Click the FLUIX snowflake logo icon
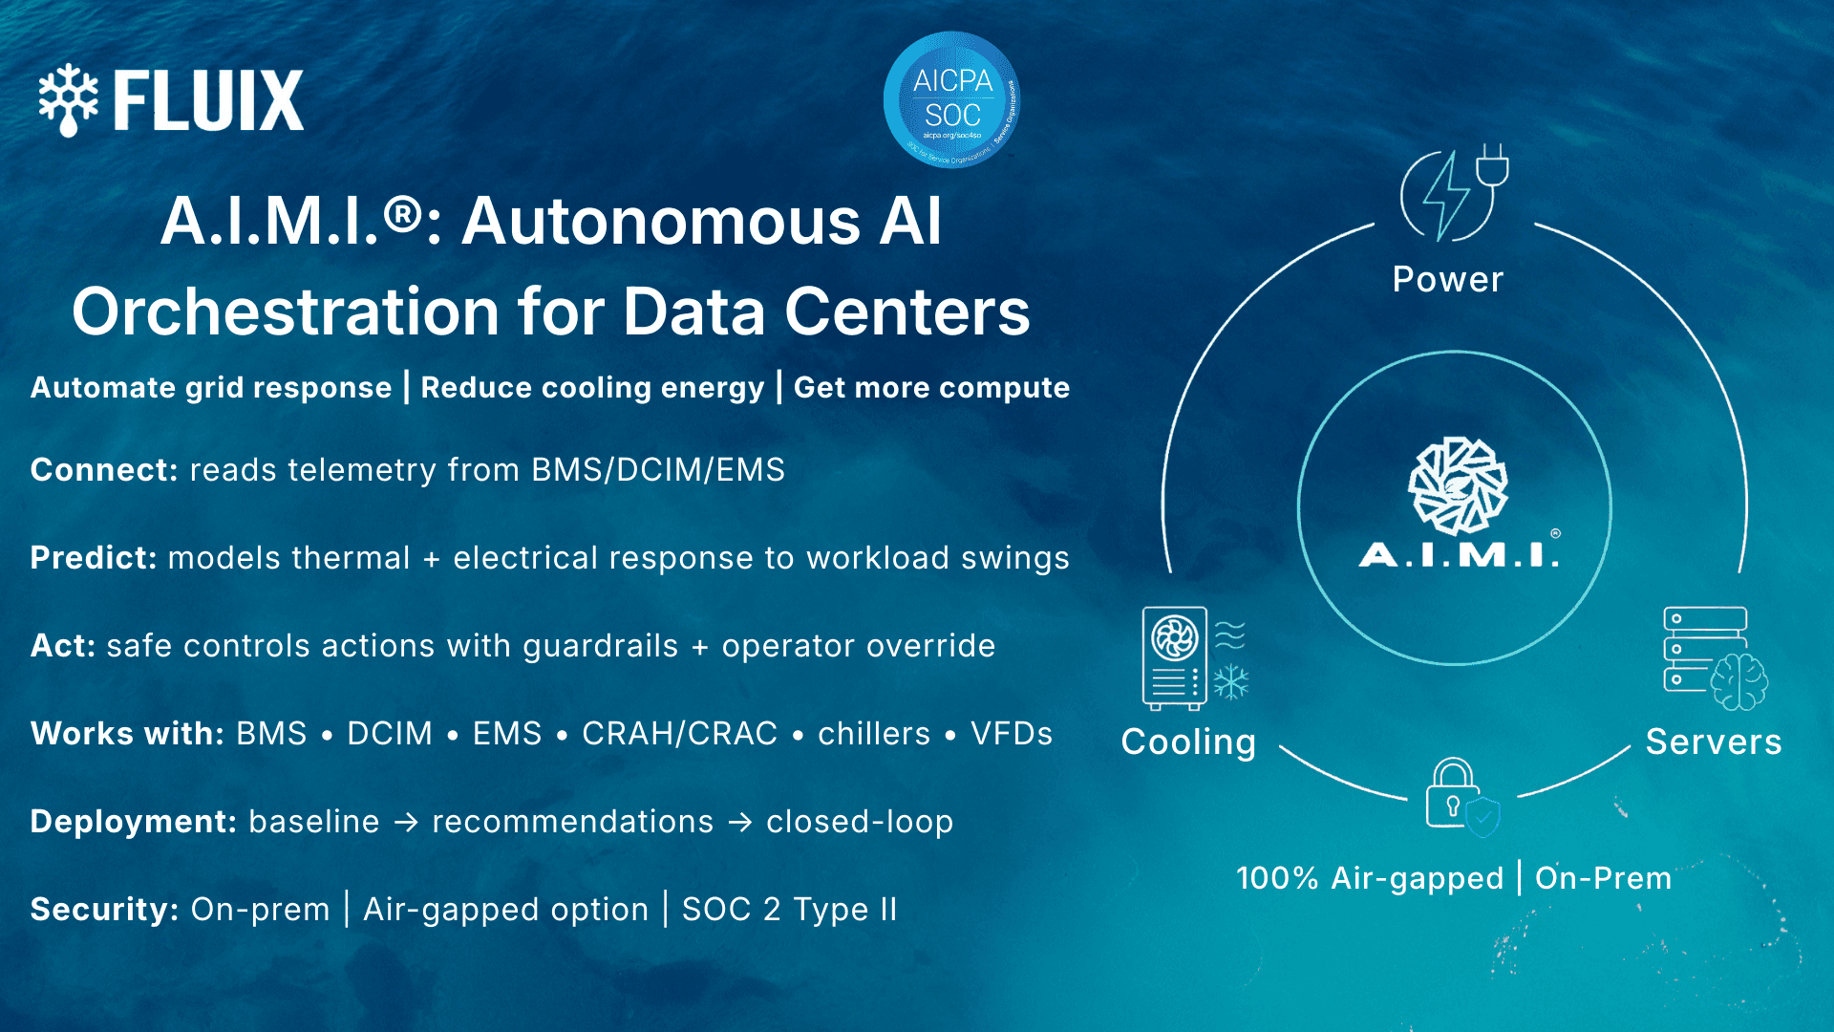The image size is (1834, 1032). (68, 99)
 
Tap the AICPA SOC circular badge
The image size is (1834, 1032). (951, 99)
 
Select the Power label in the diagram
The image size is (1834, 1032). (1447, 280)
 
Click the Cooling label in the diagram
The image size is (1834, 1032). (1188, 742)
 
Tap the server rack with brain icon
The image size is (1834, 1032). (1715, 659)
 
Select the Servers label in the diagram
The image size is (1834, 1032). (1714, 742)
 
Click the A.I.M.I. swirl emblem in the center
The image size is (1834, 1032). (1458, 485)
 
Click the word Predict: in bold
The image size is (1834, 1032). (94, 558)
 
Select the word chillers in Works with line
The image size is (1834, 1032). (874, 734)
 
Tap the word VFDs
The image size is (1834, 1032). (1012, 734)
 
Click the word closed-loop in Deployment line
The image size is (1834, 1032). (860, 822)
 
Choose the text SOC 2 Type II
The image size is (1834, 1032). (790, 910)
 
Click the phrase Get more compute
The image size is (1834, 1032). (931, 388)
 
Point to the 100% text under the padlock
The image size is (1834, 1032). (1276, 878)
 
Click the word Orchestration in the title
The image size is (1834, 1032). (285, 312)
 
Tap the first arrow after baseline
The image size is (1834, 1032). (407, 822)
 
